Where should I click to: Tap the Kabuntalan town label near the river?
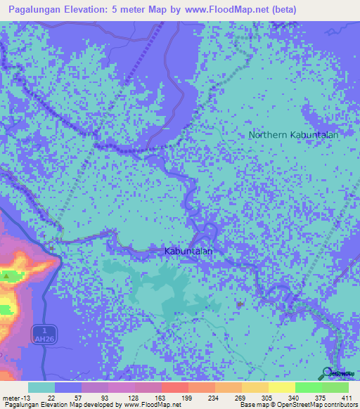(x=188, y=250)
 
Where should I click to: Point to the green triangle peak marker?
(x=6, y=277)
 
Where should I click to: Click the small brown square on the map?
(x=240, y=304)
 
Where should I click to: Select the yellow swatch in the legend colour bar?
(x=281, y=387)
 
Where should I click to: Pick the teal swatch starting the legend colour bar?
(x=41, y=387)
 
